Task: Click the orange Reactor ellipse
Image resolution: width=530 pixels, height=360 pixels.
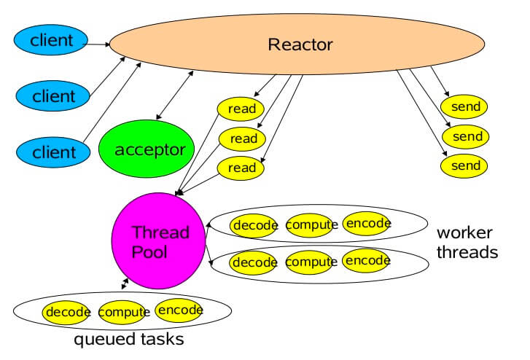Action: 297,44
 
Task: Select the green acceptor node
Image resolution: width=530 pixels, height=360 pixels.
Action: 147,149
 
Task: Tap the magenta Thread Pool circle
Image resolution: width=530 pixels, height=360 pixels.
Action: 158,240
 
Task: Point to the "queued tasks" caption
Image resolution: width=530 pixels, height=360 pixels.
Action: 129,340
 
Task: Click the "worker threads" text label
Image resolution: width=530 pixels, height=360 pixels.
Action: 467,243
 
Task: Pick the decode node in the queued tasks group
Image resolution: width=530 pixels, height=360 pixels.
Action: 66,313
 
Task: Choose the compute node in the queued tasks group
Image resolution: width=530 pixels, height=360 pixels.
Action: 122,313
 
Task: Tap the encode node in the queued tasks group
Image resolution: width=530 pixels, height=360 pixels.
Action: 179,310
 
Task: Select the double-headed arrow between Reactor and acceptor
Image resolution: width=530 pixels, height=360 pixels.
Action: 175,95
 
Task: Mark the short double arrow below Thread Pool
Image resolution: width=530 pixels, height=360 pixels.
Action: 125,284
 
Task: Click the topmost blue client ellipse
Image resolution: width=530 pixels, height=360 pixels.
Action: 51,40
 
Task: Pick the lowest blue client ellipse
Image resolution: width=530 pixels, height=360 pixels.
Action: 53,152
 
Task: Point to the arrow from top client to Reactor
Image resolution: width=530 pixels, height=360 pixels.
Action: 96,44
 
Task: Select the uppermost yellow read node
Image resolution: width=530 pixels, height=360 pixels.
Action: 241,109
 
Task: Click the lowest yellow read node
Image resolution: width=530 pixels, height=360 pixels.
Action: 241,168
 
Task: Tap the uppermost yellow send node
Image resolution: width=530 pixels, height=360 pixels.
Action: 464,106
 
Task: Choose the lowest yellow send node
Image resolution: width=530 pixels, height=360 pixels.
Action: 464,165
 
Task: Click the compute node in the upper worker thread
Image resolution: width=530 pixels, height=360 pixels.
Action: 311,225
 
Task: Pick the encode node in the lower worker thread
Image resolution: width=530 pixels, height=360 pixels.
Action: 367,260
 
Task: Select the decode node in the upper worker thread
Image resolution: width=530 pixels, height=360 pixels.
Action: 254,225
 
